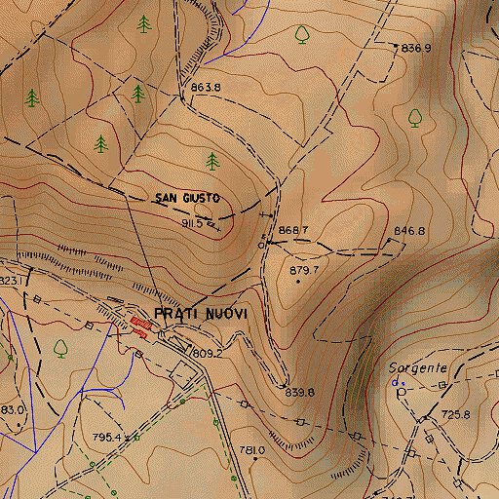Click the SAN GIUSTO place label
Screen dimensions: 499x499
(x=186, y=198)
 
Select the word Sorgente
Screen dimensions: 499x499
(x=417, y=368)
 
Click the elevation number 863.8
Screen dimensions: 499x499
(x=206, y=88)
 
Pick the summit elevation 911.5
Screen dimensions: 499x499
(x=190, y=223)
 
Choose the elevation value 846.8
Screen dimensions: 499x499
(x=409, y=231)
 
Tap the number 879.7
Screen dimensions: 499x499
(x=304, y=269)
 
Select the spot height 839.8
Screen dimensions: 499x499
(x=299, y=392)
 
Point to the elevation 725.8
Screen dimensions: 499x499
(x=454, y=414)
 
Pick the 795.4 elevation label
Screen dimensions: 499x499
(x=104, y=438)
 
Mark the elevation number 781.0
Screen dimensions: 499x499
(x=251, y=450)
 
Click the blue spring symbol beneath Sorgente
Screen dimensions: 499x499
(x=396, y=384)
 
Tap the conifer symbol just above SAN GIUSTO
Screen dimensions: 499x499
(x=212, y=161)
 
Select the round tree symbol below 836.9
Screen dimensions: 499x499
(x=415, y=117)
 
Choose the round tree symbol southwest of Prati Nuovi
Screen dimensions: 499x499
(x=61, y=346)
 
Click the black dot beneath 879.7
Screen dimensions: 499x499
(x=297, y=282)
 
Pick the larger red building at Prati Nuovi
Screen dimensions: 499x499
(x=139, y=324)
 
